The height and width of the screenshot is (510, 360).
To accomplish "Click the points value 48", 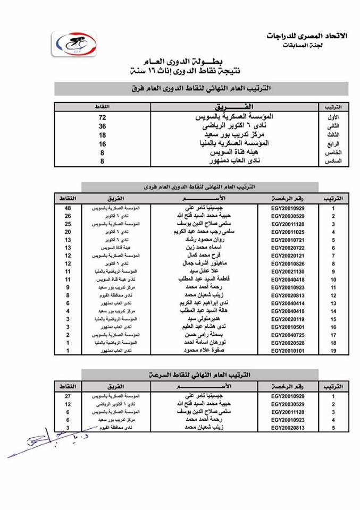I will coord(68,208).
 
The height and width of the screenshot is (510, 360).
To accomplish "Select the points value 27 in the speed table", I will coord(68,396).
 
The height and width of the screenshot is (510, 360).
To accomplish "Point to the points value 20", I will coord(68,232).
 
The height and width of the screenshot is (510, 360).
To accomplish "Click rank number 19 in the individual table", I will coord(333,351).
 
